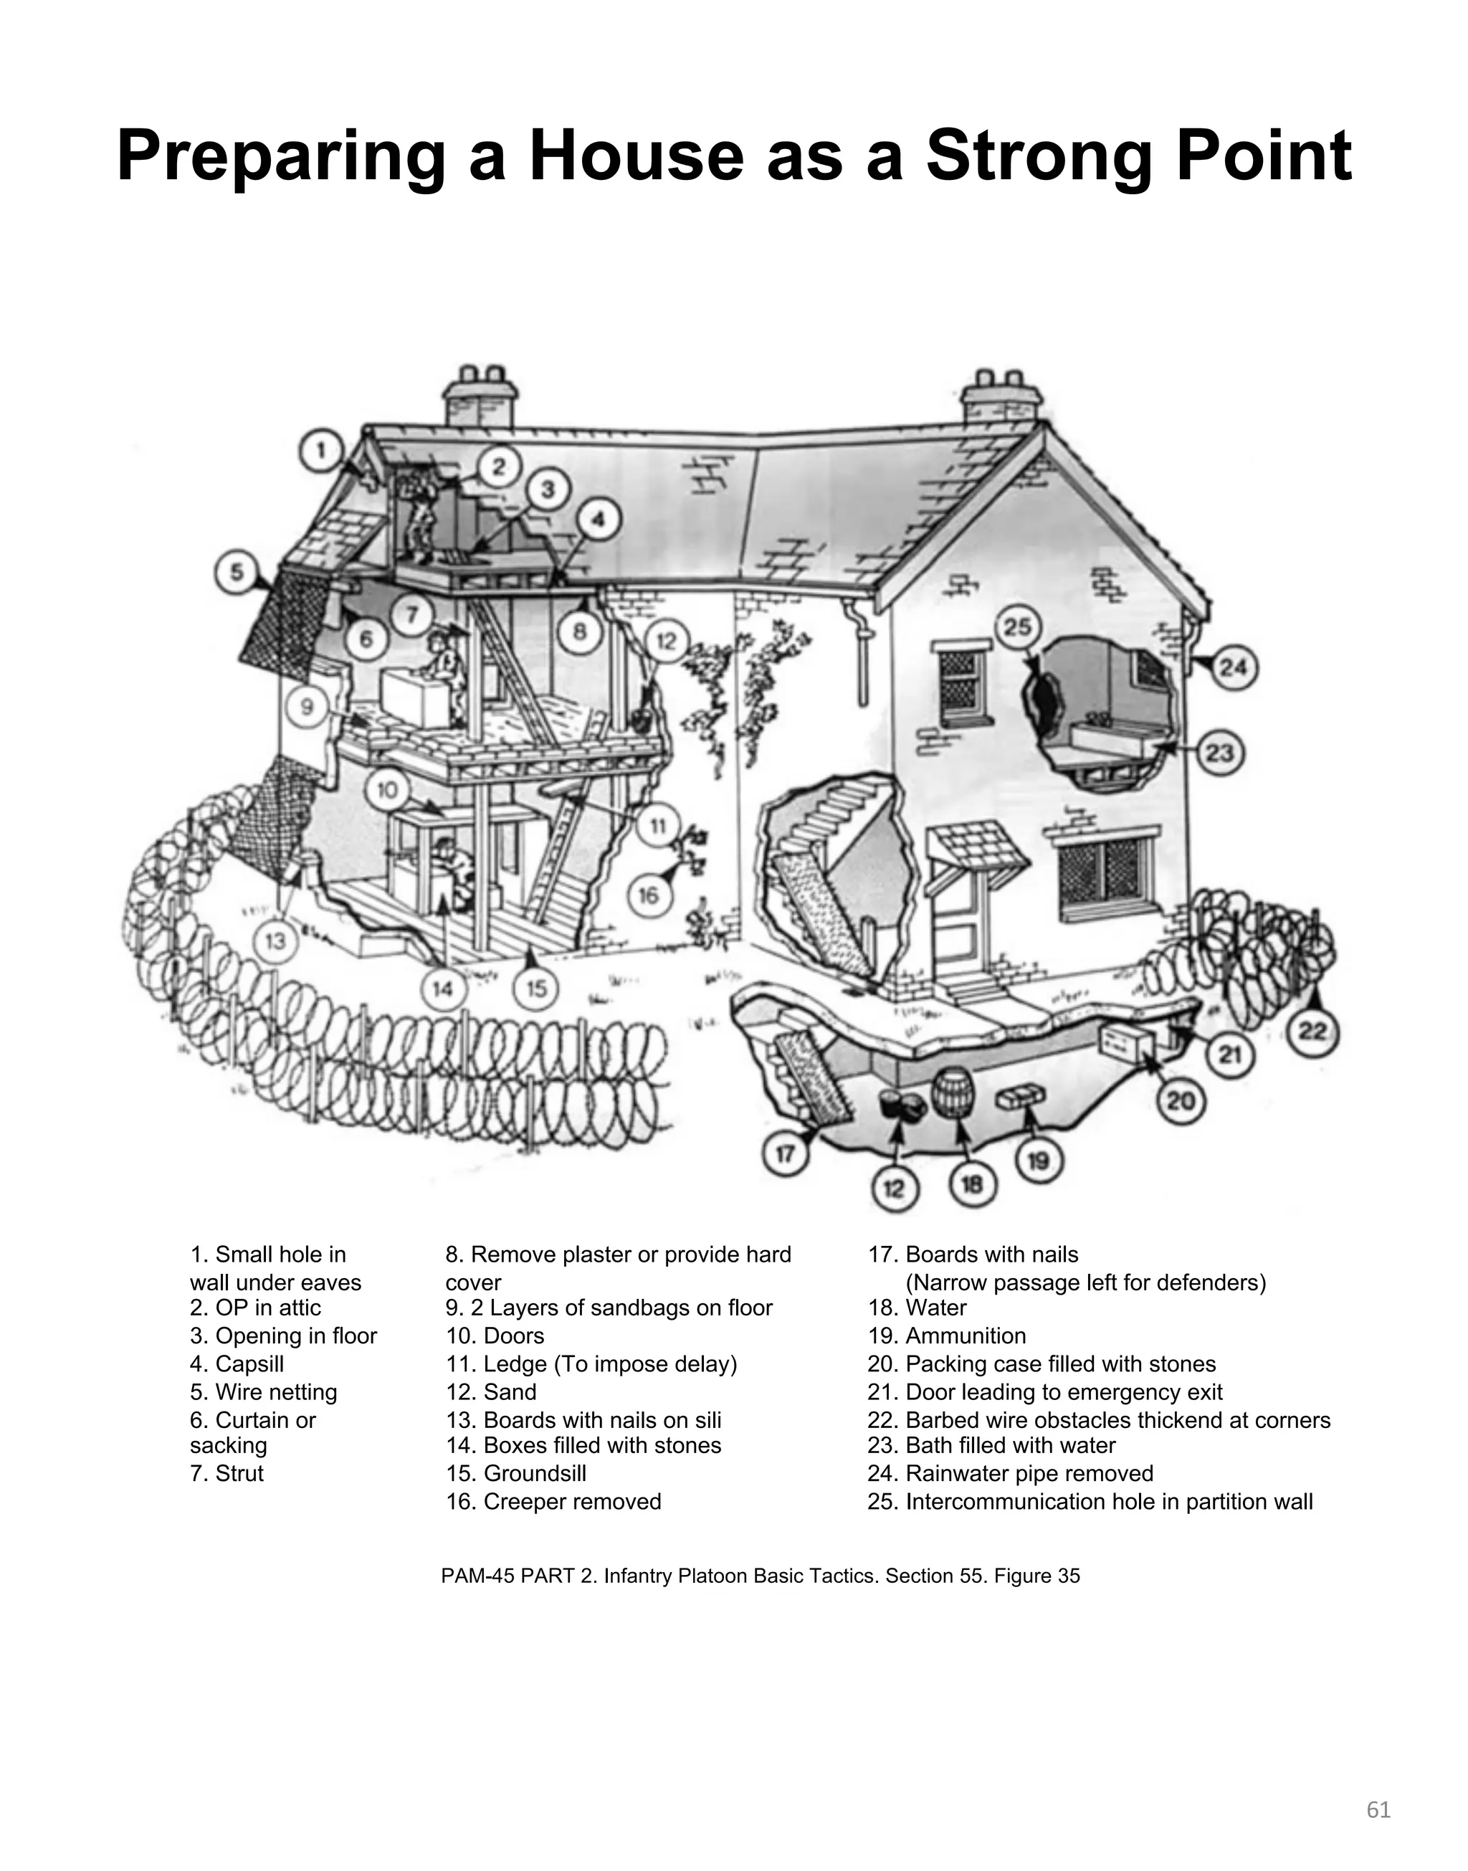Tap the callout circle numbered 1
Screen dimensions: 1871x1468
point(321,450)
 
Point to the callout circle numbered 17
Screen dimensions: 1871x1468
point(786,1154)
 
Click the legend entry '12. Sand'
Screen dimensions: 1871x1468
point(491,1391)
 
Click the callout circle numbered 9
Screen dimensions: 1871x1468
point(308,708)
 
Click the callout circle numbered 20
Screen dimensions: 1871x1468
point(1180,1100)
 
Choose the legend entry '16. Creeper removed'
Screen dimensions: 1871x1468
point(553,1501)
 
